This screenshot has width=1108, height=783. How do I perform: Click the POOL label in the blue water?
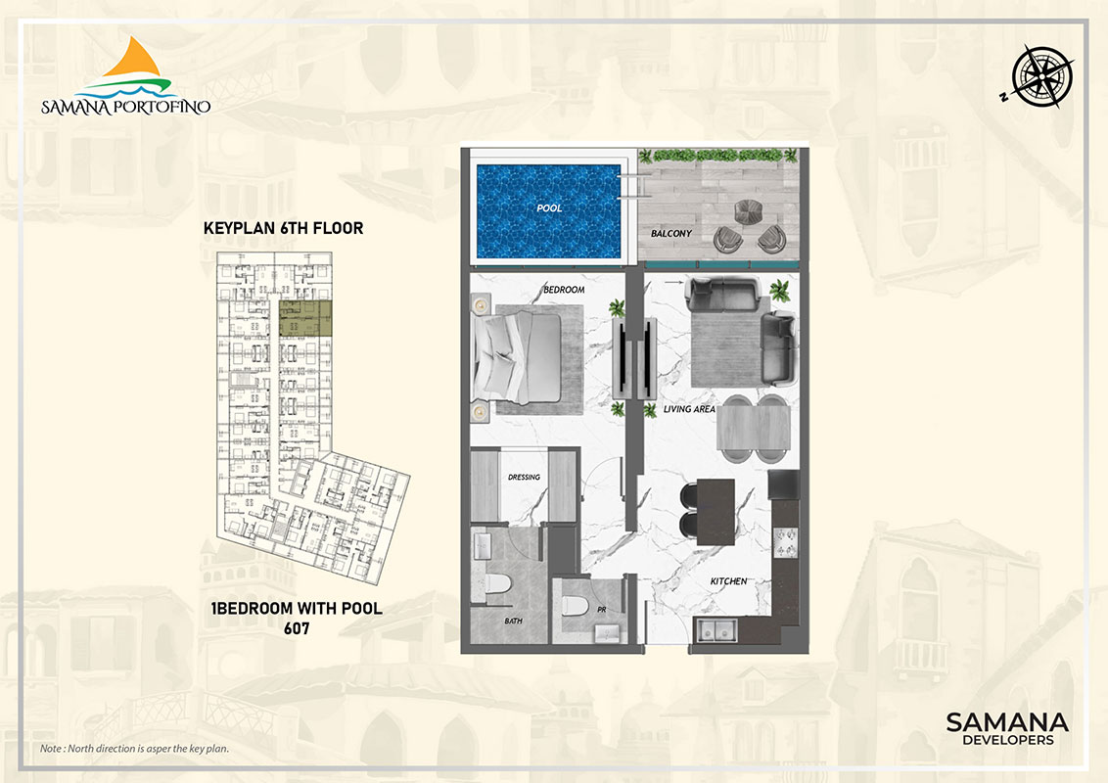(x=548, y=208)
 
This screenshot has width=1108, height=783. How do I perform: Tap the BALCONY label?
(x=671, y=234)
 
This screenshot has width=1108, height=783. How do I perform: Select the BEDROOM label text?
(x=564, y=290)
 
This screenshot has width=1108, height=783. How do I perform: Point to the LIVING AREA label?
(x=687, y=410)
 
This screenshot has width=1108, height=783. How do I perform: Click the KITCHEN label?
(x=728, y=581)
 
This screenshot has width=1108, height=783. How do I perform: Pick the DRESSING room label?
(x=524, y=478)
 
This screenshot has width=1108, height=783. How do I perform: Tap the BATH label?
(x=513, y=620)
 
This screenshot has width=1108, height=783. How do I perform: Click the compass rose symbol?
(x=1041, y=74)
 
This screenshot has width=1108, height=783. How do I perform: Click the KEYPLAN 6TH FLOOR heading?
(x=283, y=228)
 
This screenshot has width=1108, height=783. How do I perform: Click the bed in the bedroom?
(x=520, y=356)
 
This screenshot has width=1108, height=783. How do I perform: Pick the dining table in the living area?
(x=754, y=428)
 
